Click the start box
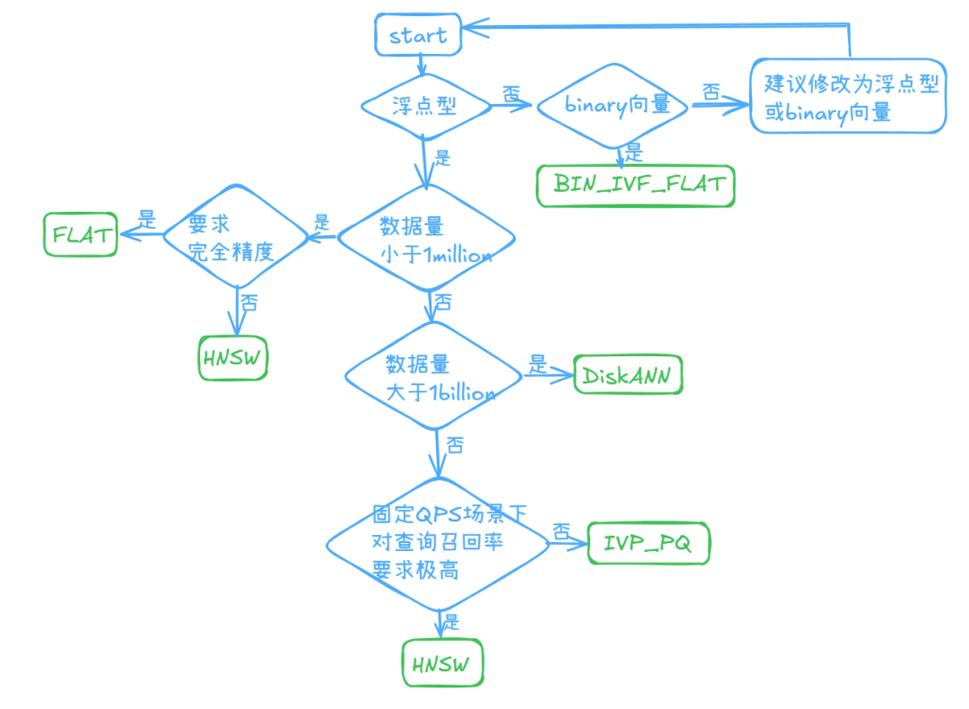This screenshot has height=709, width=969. (417, 36)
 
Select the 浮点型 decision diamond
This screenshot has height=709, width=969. (425, 106)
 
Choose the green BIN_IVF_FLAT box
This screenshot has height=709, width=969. (635, 186)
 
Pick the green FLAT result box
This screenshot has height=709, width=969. (81, 235)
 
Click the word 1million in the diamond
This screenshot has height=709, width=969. (458, 257)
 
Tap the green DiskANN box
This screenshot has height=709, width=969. (628, 376)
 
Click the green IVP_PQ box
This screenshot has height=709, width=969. (648, 543)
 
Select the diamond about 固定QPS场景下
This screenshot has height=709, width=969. (437, 543)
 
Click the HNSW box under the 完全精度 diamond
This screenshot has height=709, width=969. (233, 359)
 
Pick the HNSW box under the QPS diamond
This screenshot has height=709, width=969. (441, 665)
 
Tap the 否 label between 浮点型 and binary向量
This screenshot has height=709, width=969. (511, 93)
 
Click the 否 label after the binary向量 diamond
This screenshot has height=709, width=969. (711, 92)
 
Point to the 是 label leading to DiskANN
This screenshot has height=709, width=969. (537, 363)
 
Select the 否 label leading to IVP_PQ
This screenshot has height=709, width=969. (562, 531)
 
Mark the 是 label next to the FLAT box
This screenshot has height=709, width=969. (146, 218)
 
